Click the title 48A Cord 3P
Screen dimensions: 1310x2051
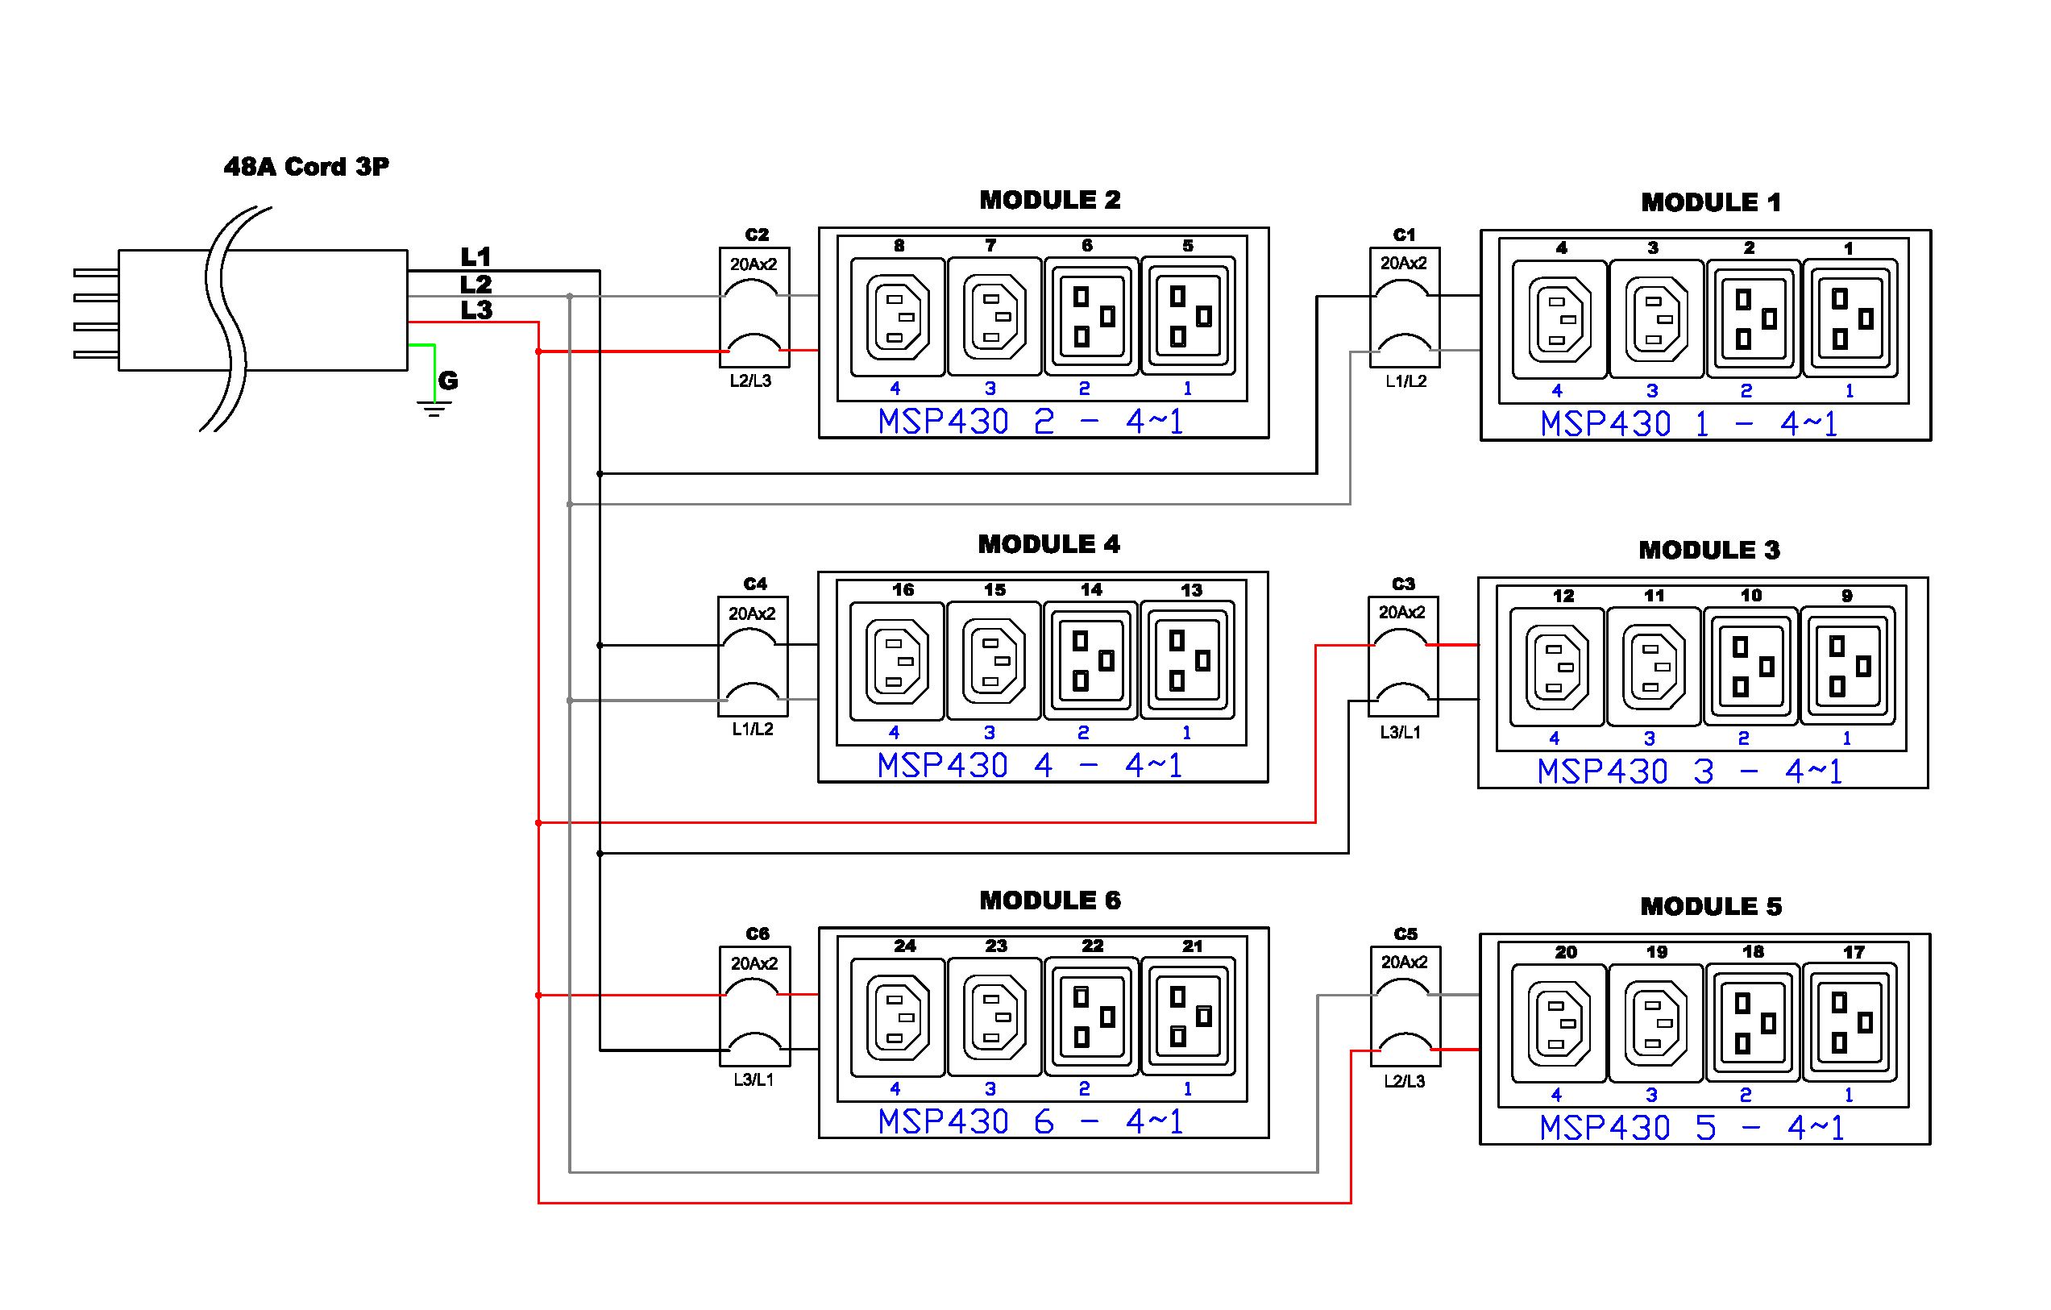(305, 166)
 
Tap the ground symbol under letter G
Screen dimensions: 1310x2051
(434, 409)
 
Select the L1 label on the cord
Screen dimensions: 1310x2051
(475, 256)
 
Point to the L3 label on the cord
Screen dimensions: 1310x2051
(476, 310)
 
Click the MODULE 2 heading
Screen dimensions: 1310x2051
(1049, 200)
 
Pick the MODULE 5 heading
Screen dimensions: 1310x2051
(1710, 906)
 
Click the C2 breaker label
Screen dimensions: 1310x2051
(757, 235)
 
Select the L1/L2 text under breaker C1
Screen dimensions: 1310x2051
(1405, 381)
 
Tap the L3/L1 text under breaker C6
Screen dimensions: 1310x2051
(754, 1080)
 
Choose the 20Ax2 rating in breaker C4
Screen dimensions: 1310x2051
(752, 613)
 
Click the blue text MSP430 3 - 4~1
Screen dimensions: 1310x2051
(1690, 772)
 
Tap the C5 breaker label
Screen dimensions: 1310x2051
(1405, 934)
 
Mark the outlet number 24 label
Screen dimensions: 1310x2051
(904, 946)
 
